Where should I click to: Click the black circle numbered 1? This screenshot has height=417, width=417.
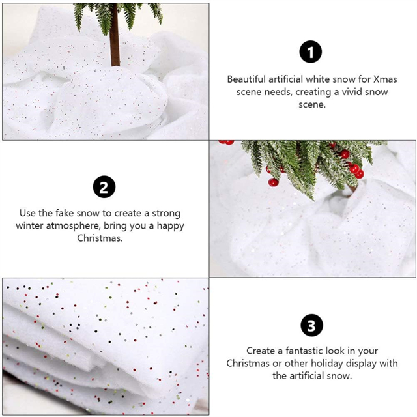[311, 51]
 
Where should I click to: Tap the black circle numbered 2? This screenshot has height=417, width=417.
[104, 187]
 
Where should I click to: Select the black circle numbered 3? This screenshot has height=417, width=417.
[311, 325]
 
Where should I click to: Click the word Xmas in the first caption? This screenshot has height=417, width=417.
[385, 79]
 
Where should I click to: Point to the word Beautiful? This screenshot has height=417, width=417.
[246, 79]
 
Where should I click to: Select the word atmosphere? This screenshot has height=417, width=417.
[73, 226]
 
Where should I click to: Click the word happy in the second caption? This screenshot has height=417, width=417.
[170, 226]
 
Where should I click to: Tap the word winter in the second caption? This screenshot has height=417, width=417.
[29, 226]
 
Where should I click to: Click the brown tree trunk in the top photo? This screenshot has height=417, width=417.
[115, 35]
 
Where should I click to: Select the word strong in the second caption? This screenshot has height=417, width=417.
[166, 214]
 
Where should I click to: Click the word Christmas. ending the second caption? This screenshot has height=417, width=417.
[100, 238]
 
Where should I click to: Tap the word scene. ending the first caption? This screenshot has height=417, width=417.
[312, 104]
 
